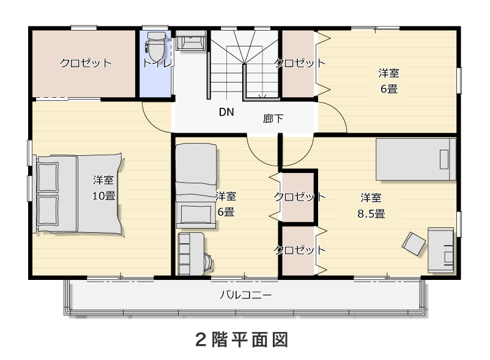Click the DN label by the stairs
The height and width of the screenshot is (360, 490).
coord(226,112)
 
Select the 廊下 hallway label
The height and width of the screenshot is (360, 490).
coord(273,119)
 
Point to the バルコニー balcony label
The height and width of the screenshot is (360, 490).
coord(246,295)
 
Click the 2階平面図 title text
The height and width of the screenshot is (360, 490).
coord(242,340)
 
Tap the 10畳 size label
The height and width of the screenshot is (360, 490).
coord(104,196)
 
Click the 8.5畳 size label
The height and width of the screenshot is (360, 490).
coord(371,213)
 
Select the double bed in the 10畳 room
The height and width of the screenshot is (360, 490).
coord(79,194)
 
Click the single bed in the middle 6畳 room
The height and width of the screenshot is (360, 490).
coord(196,185)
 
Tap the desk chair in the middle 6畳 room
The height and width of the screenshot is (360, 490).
coord(207,262)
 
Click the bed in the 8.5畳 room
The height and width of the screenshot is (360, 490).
coord(415,160)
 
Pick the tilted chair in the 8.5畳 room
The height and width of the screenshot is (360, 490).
coord(414,244)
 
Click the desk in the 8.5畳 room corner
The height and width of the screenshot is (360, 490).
coord(440,250)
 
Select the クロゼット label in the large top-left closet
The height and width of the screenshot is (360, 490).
coord(85,63)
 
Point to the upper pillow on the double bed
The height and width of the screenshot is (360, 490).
coord(48,177)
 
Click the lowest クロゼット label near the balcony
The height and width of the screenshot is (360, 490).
coord(300,249)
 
